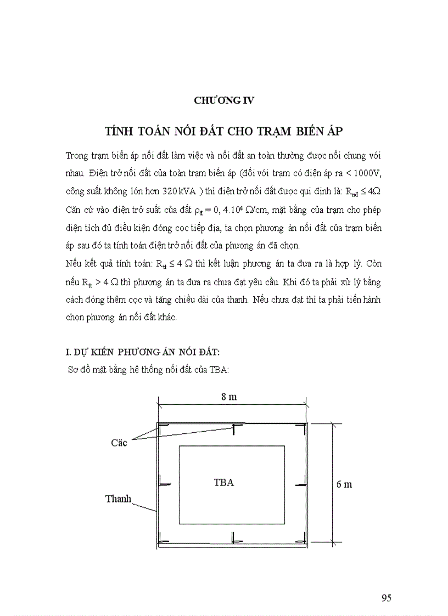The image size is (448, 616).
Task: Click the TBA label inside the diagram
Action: click(223, 483)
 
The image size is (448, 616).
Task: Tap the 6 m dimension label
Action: click(344, 484)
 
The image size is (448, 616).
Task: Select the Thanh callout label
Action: click(118, 499)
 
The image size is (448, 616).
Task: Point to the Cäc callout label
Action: click(119, 442)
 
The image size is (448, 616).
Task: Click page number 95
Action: click(386, 598)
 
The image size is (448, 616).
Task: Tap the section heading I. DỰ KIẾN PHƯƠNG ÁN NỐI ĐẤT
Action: click(142, 351)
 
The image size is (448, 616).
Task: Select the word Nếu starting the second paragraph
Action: click(73, 263)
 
